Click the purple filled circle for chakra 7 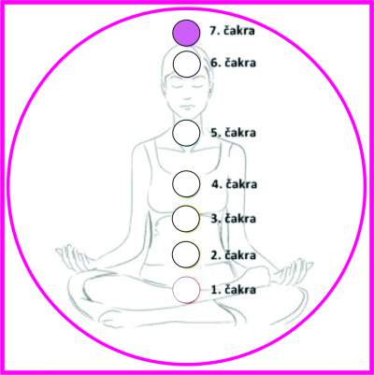pos(186,33)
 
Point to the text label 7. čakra pos(232,31)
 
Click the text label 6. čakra pos(233,63)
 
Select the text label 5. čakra pos(233,133)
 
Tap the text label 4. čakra pos(235,184)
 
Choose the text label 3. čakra pos(234,218)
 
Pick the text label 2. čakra pos(234,255)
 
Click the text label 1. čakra pos(234,290)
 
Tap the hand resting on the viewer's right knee pos(295,268)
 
